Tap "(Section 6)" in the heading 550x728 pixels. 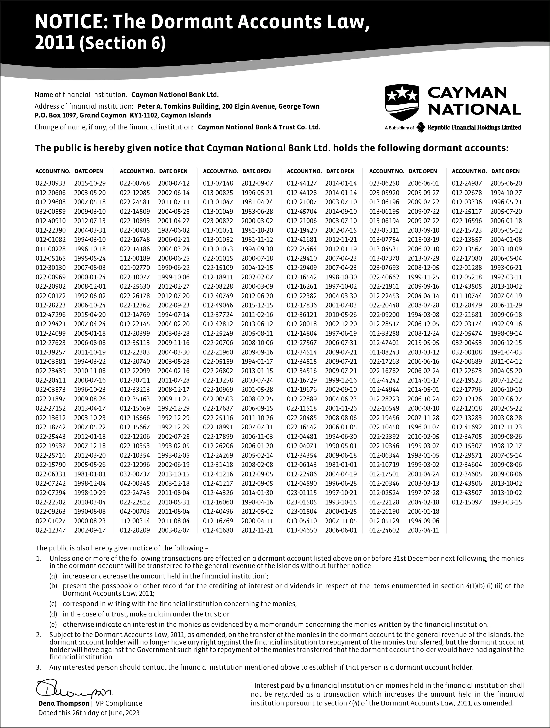(x=122, y=44)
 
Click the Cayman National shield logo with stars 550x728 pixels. (x=402, y=102)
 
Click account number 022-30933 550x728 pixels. (x=50, y=183)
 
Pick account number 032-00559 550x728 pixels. (x=50, y=212)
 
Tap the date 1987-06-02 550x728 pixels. (x=174, y=230)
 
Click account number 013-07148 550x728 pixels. (x=218, y=183)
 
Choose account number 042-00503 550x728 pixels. (x=218, y=399)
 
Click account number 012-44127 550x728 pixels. (x=302, y=183)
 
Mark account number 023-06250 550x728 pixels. (x=384, y=183)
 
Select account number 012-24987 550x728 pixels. (x=467, y=183)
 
